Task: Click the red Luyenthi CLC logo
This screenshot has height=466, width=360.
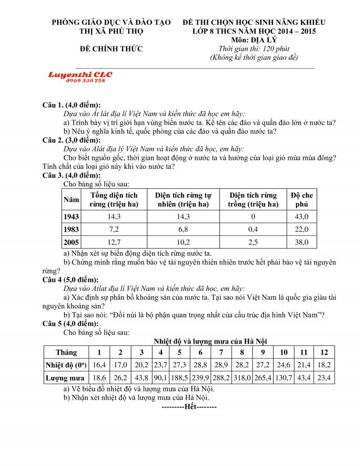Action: click(80, 74)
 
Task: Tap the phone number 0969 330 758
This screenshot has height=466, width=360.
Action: click(85, 81)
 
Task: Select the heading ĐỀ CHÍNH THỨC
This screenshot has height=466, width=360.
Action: click(111, 49)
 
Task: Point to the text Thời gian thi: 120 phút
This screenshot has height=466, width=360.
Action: click(254, 49)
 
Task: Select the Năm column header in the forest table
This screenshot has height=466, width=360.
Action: click(71, 199)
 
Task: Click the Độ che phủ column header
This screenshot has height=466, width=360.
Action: click(301, 199)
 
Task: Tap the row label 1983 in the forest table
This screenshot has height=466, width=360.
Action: click(71, 230)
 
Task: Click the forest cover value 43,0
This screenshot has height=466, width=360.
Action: click(301, 217)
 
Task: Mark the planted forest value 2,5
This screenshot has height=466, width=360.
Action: click(253, 242)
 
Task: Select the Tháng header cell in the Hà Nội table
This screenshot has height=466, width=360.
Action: click(66, 352)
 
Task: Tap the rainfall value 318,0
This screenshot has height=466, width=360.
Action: click(242, 378)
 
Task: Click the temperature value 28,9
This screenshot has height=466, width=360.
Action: click(221, 365)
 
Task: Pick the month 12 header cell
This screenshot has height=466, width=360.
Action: click(324, 352)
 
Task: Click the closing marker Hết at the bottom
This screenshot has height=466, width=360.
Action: click(189, 407)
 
